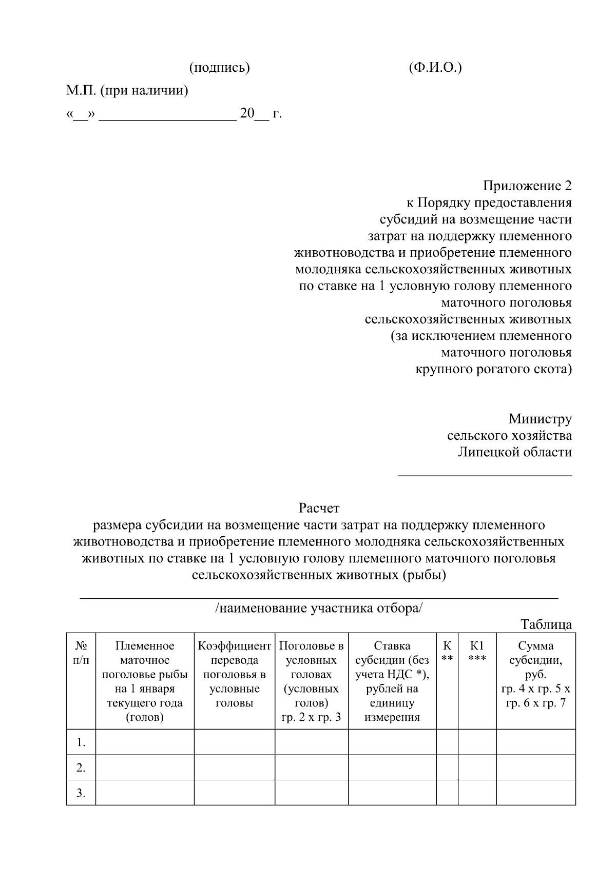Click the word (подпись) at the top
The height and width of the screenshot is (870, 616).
click(219, 68)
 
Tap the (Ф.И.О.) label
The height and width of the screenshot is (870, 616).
click(435, 68)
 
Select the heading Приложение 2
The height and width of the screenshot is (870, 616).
click(527, 186)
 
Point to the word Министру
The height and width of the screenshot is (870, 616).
click(540, 419)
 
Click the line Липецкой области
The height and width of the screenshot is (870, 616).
click(515, 452)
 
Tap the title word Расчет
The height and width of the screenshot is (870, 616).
click(319, 508)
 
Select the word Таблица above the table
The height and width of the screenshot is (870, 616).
click(546, 624)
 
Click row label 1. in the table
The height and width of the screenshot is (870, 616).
click(81, 742)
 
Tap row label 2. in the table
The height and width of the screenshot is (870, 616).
click(81, 767)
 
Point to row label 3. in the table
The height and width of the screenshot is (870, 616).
click(81, 793)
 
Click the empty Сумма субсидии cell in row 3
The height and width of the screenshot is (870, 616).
click(535, 793)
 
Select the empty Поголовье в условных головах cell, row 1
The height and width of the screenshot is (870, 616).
click(312, 742)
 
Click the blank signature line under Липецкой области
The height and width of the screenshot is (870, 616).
click(485, 475)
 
